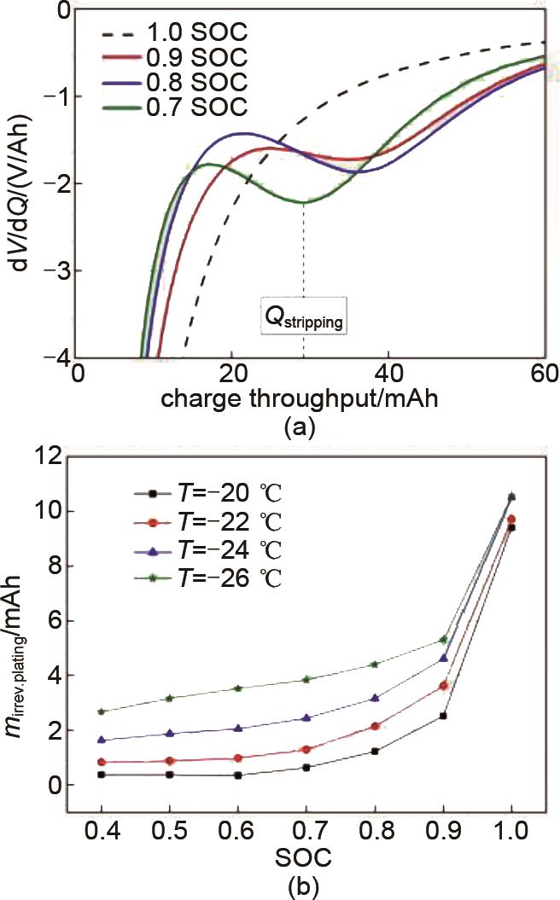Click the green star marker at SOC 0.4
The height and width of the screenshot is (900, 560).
(x=102, y=711)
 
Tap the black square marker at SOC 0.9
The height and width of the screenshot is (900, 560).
(x=443, y=716)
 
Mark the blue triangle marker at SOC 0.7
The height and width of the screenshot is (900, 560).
(x=306, y=718)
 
